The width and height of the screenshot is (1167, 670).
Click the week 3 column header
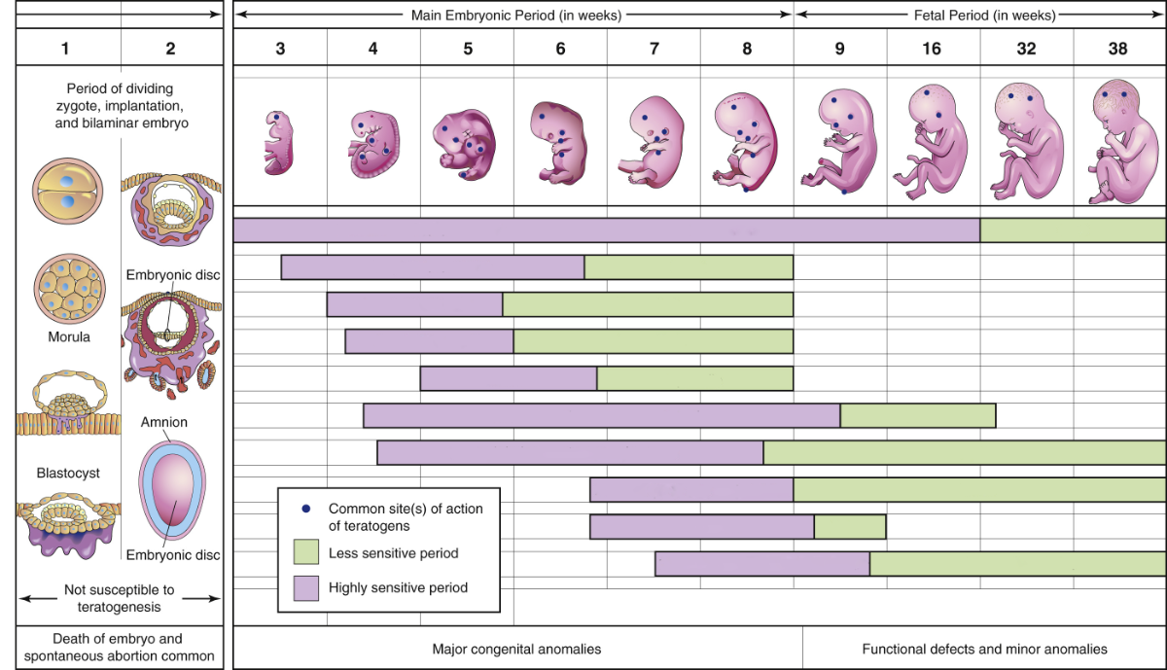pyautogui.click(x=280, y=48)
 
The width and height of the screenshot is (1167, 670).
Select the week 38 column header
pyautogui.click(x=1117, y=48)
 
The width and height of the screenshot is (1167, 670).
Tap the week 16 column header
pyautogui.click(x=932, y=48)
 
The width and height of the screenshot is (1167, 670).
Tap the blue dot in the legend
pyautogui.click(x=306, y=509)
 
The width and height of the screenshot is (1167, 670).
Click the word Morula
pyautogui.click(x=70, y=337)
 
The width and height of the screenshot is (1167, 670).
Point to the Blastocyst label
pyautogui.click(x=69, y=473)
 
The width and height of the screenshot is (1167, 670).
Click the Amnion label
pyautogui.click(x=163, y=422)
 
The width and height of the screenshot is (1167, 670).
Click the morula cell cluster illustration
pyautogui.click(x=68, y=291)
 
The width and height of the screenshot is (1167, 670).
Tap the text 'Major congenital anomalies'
pyautogui.click(x=516, y=649)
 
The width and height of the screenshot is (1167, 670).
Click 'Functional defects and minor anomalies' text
pyautogui.click(x=984, y=649)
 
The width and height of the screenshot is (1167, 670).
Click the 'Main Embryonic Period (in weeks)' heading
pyautogui.click(x=515, y=16)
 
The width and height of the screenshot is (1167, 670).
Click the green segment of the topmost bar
pyautogui.click(x=1072, y=230)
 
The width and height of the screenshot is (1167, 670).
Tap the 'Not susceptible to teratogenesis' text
pyautogui.click(x=119, y=598)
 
